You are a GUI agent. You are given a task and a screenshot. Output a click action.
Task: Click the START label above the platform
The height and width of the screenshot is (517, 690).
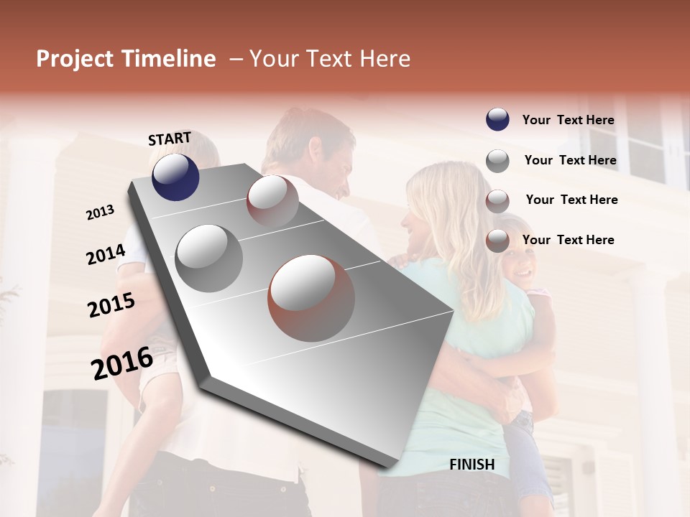pyautogui.click(x=170, y=139)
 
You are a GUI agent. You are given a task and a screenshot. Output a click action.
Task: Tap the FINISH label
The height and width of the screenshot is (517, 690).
pyautogui.click(x=472, y=465)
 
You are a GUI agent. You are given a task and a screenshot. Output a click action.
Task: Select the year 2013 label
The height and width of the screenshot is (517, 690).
pyautogui.click(x=100, y=213)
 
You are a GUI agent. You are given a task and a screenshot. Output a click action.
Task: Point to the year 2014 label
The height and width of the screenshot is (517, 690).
pyautogui.click(x=106, y=254)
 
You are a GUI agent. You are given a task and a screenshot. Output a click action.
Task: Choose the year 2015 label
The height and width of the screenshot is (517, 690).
pyautogui.click(x=111, y=305)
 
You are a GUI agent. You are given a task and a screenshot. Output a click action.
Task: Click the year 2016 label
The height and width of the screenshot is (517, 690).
pyautogui.click(x=122, y=363)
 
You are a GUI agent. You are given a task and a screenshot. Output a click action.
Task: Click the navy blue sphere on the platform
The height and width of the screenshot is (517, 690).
pyautogui.click(x=175, y=177)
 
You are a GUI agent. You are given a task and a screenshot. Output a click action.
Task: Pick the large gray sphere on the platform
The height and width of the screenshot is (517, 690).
pyautogui.click(x=209, y=258)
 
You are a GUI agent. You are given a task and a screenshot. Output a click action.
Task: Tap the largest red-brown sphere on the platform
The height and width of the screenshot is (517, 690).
pyautogui.click(x=311, y=297)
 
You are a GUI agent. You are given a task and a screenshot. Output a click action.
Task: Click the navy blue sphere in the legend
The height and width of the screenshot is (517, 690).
pyautogui.click(x=497, y=120)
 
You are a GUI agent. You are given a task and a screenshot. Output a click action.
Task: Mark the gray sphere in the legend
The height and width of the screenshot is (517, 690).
pyautogui.click(x=497, y=160)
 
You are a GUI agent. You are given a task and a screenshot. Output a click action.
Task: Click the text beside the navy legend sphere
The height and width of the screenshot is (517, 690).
pyautogui.click(x=569, y=121)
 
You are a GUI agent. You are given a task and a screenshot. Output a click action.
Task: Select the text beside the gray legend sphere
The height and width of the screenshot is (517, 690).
pyautogui.click(x=571, y=161)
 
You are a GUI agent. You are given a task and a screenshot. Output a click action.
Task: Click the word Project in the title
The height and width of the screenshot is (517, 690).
pyautogui.click(x=73, y=60)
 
